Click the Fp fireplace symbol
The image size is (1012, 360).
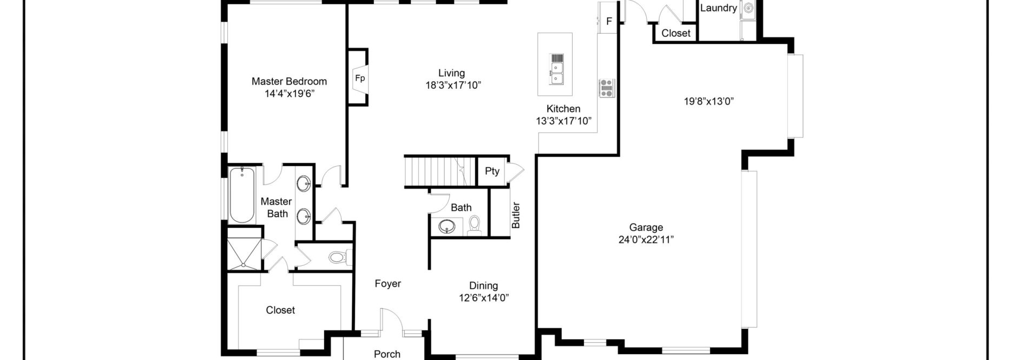(360, 78)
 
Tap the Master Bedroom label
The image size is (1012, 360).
(289, 81)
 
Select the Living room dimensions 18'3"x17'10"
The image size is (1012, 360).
(453, 85)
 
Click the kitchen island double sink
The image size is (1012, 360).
(556, 74)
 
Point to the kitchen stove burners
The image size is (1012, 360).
(607, 88)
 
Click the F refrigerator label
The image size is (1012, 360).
(609, 22)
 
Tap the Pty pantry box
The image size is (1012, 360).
(492, 171)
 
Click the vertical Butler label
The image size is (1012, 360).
(516, 215)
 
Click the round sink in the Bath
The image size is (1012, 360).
(447, 227)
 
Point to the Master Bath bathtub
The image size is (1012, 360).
(242, 195)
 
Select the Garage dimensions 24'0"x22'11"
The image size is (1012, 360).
(646, 240)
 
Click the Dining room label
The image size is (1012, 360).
(483, 286)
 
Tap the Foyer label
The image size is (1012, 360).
(387, 284)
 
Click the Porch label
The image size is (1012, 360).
(387, 354)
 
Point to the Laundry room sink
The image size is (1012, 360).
(748, 8)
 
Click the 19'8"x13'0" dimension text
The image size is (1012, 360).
(708, 101)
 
